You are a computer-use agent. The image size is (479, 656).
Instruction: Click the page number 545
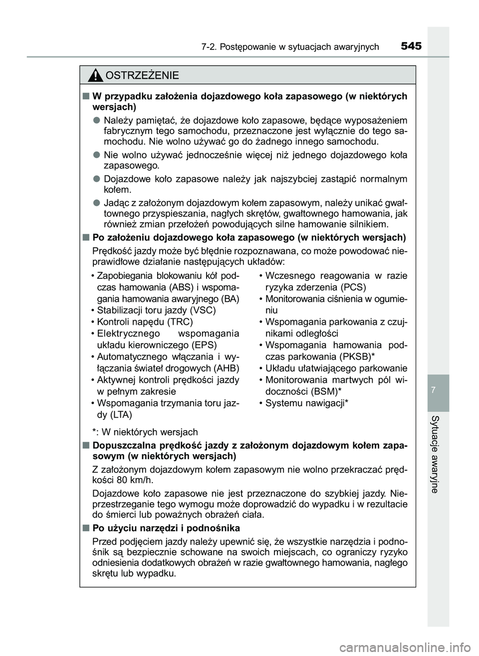pyautogui.click(x=411, y=46)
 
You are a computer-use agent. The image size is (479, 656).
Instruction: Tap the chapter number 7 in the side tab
pyautogui.click(x=438, y=388)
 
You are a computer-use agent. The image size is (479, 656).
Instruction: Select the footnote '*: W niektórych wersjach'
pyautogui.click(x=145, y=432)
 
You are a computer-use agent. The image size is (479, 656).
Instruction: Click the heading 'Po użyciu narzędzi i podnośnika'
pyautogui.click(x=166, y=528)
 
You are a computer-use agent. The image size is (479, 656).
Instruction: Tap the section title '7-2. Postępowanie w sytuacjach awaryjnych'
pyautogui.click(x=290, y=47)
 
